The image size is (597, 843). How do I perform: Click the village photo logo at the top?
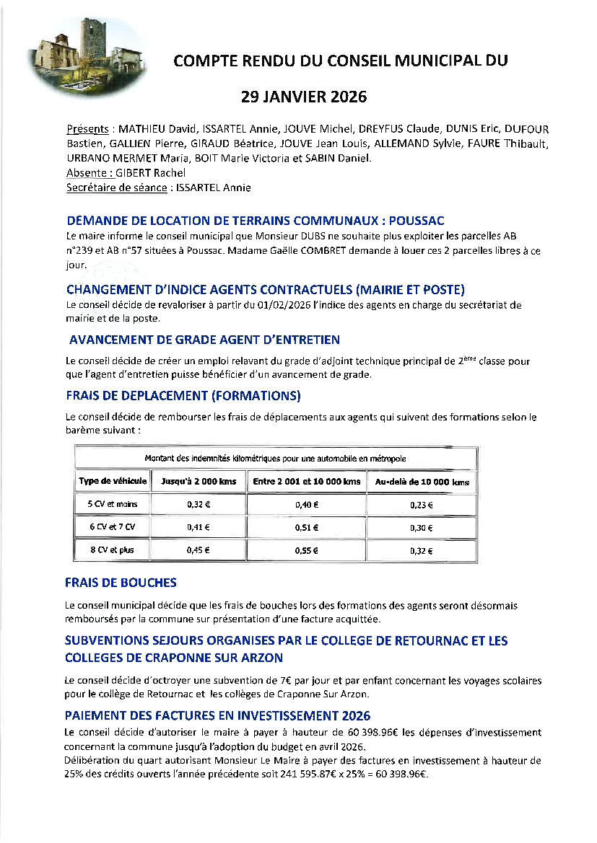click(x=87, y=57)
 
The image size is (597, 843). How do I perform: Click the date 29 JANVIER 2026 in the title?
click(x=304, y=97)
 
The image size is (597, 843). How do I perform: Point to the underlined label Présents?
click(x=87, y=129)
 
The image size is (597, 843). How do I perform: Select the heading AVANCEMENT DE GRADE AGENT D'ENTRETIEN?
click(x=204, y=340)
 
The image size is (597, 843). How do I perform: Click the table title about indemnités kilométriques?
click(x=275, y=458)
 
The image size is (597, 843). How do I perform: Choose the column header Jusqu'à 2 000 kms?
click(x=197, y=482)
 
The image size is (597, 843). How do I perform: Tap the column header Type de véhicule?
click(x=113, y=481)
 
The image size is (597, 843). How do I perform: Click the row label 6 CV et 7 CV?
click(x=112, y=527)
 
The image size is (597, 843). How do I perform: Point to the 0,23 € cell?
click(x=421, y=505)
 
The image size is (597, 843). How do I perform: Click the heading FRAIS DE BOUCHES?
click(x=121, y=583)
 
